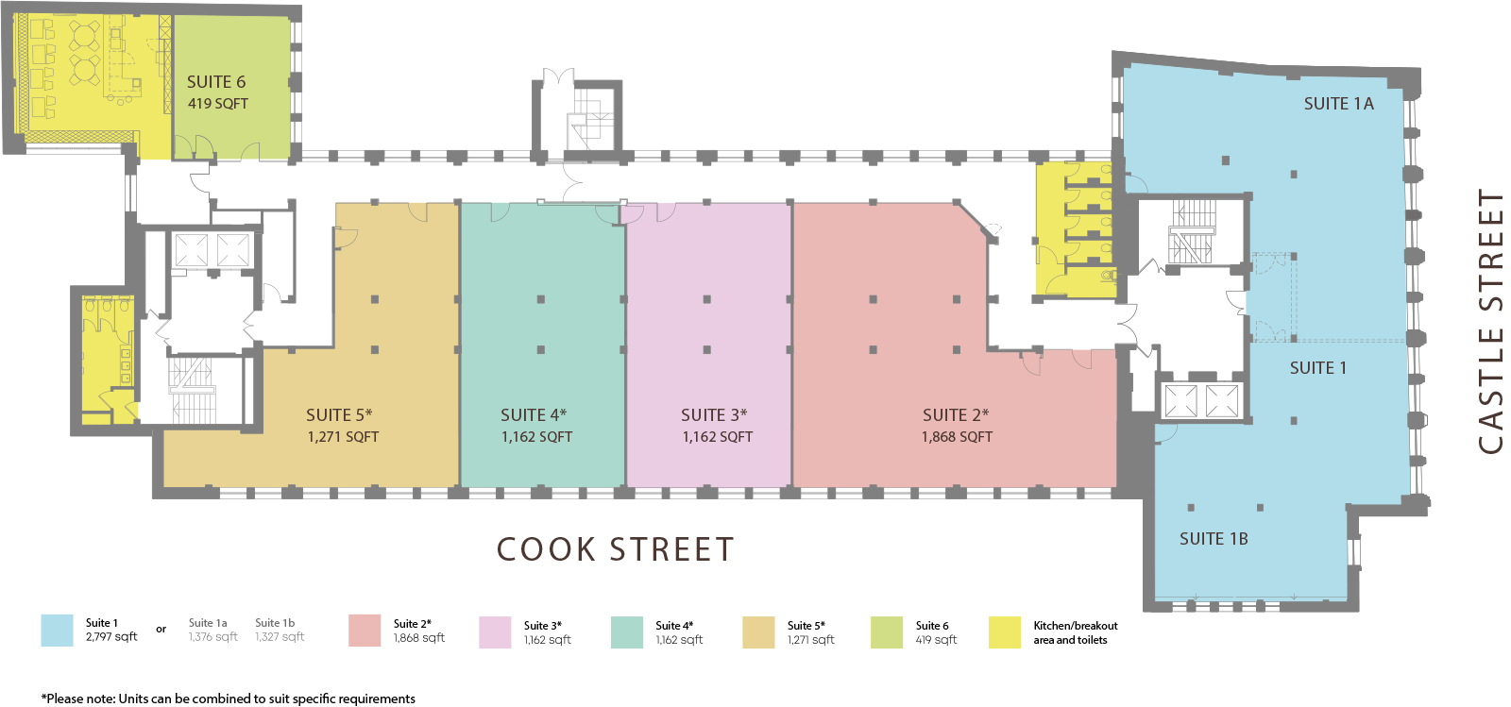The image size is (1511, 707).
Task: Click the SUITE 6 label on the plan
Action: coord(216,82)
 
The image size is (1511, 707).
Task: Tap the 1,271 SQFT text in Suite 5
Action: coord(343,437)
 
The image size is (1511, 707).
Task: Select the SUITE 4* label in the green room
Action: coord(534,414)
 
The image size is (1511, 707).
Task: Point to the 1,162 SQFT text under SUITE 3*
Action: coord(717,437)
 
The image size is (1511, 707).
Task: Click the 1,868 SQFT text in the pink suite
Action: coord(957,437)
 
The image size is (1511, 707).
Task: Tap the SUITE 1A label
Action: coord(1338,104)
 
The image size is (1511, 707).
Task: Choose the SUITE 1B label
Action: coord(1214,539)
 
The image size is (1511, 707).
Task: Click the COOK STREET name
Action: coord(615,549)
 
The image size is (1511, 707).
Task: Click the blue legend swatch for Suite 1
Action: coord(57,631)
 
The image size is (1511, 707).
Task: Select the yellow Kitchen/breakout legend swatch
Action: coord(1005,632)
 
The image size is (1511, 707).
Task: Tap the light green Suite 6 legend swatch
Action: coord(887,632)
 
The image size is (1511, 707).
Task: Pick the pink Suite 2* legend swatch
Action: coord(365,631)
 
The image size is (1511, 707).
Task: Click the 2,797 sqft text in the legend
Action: coord(111,637)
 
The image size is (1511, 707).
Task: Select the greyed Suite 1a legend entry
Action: coord(213,630)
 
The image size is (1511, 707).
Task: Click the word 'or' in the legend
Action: coord(161,630)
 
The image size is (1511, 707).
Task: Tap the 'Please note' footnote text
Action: coord(228,699)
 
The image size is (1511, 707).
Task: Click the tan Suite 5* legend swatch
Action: coord(758,632)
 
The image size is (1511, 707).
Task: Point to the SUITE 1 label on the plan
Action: coord(1318,368)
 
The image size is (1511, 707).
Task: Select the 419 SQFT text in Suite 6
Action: coord(218,104)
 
